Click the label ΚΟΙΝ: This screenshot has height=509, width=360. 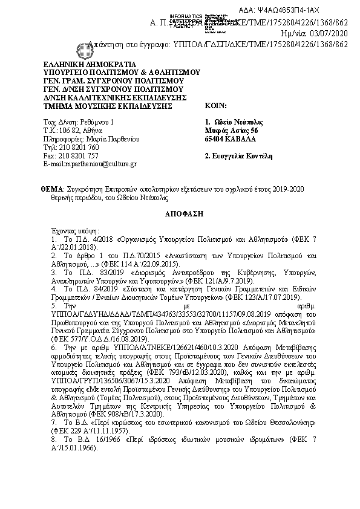coord(215,105)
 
